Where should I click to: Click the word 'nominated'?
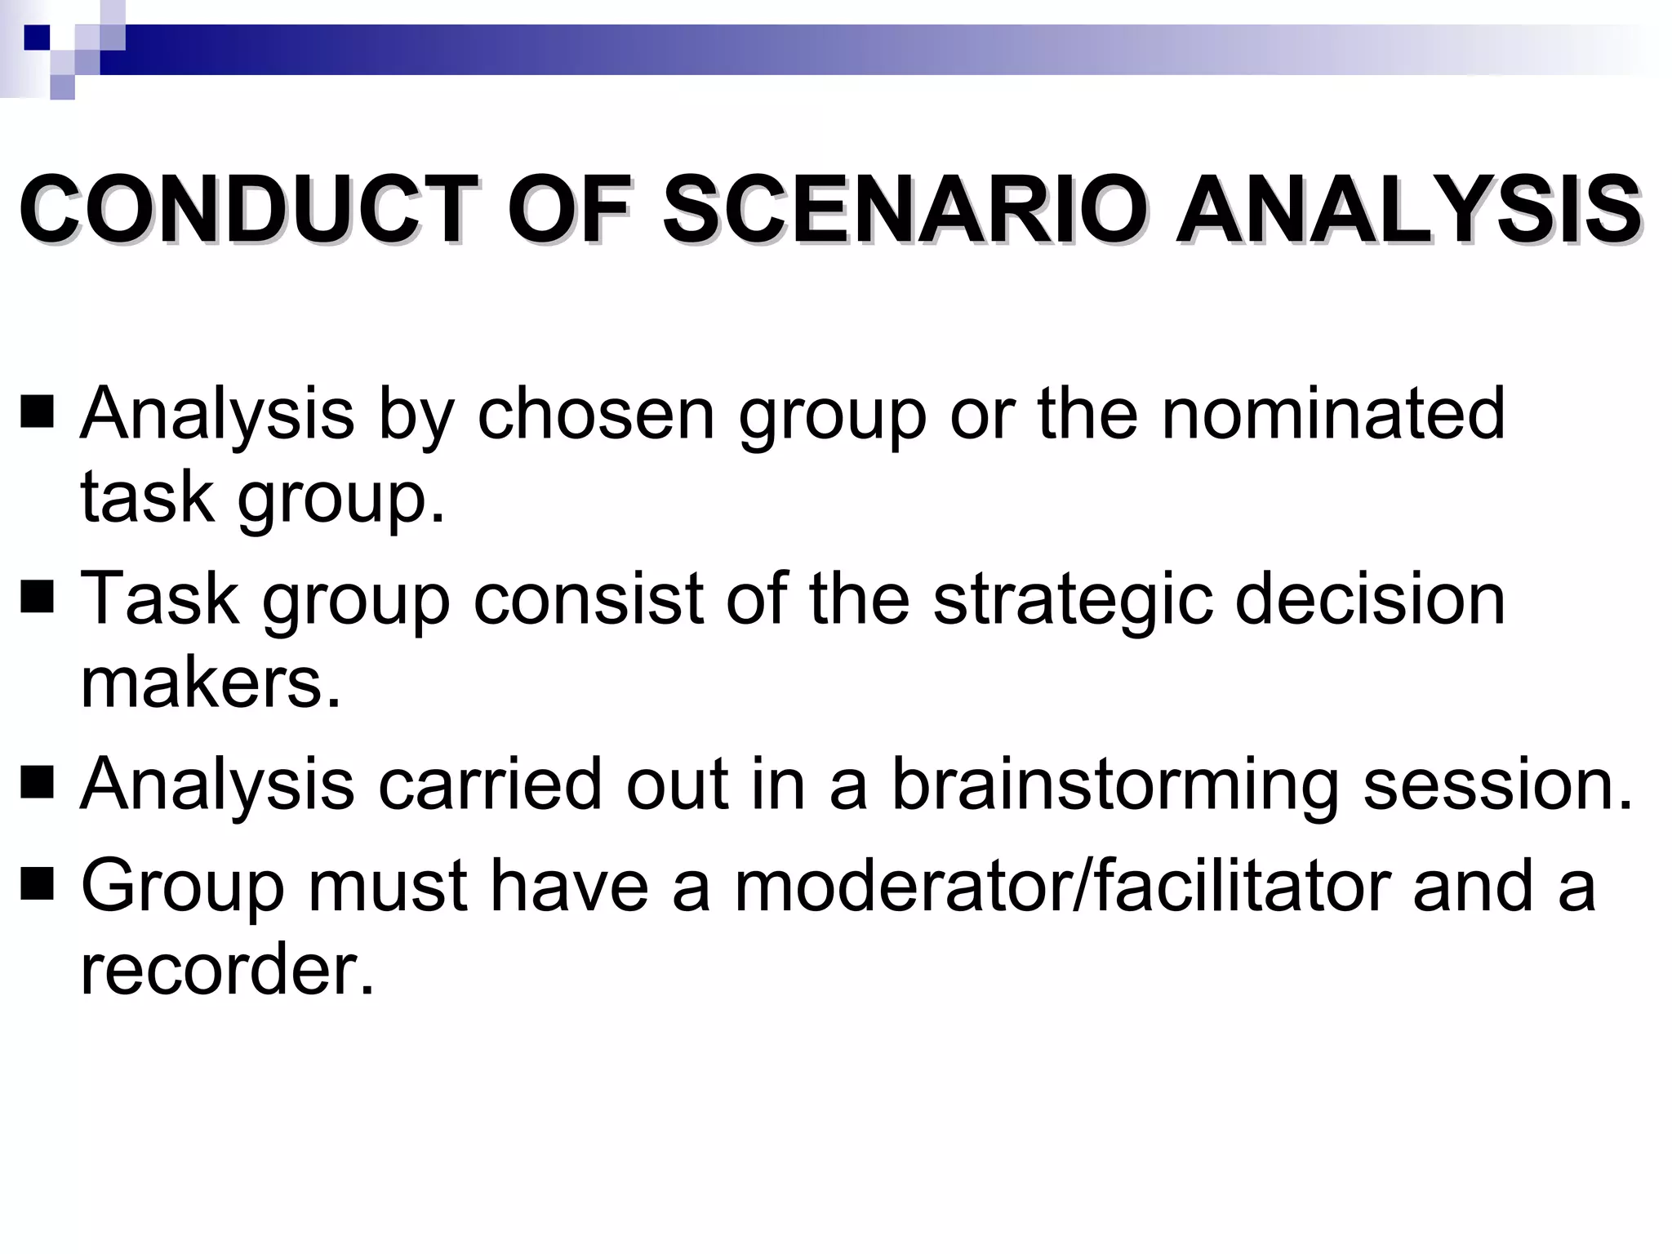1332,413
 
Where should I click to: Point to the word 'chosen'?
596,413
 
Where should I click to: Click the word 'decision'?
1370,598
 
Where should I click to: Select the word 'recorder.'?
227,970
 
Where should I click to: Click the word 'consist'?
588,598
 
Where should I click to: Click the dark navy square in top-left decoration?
37,38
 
